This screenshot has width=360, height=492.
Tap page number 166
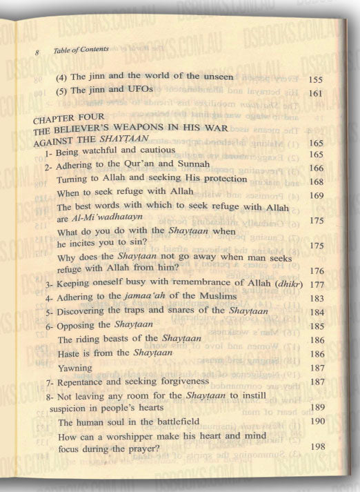pos(317,168)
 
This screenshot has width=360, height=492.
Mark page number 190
pos(317,421)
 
